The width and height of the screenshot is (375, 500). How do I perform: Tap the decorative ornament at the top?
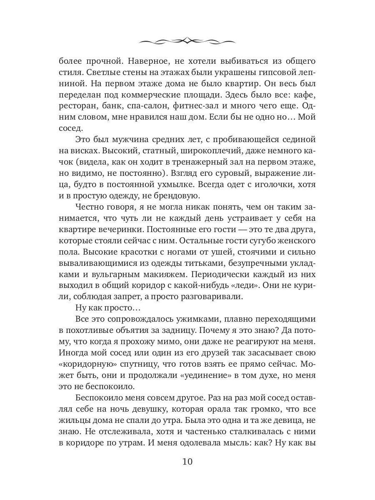[x=187, y=41]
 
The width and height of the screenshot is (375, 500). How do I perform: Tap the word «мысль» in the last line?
[x=242, y=442]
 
